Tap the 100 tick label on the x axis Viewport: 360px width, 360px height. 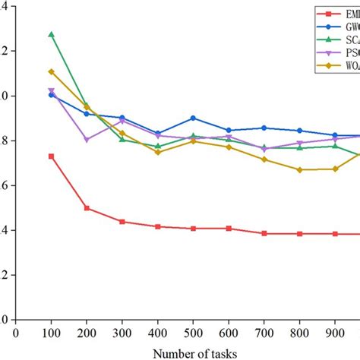(51, 332)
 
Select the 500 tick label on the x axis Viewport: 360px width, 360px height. (194, 332)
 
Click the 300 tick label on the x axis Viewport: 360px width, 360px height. (122, 332)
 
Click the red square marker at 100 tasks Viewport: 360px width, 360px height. (51, 156)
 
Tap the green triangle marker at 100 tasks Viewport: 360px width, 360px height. (51, 35)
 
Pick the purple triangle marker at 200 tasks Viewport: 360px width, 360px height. (87, 140)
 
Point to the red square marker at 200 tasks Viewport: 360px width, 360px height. (87, 208)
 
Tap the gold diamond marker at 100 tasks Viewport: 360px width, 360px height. (51, 72)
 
